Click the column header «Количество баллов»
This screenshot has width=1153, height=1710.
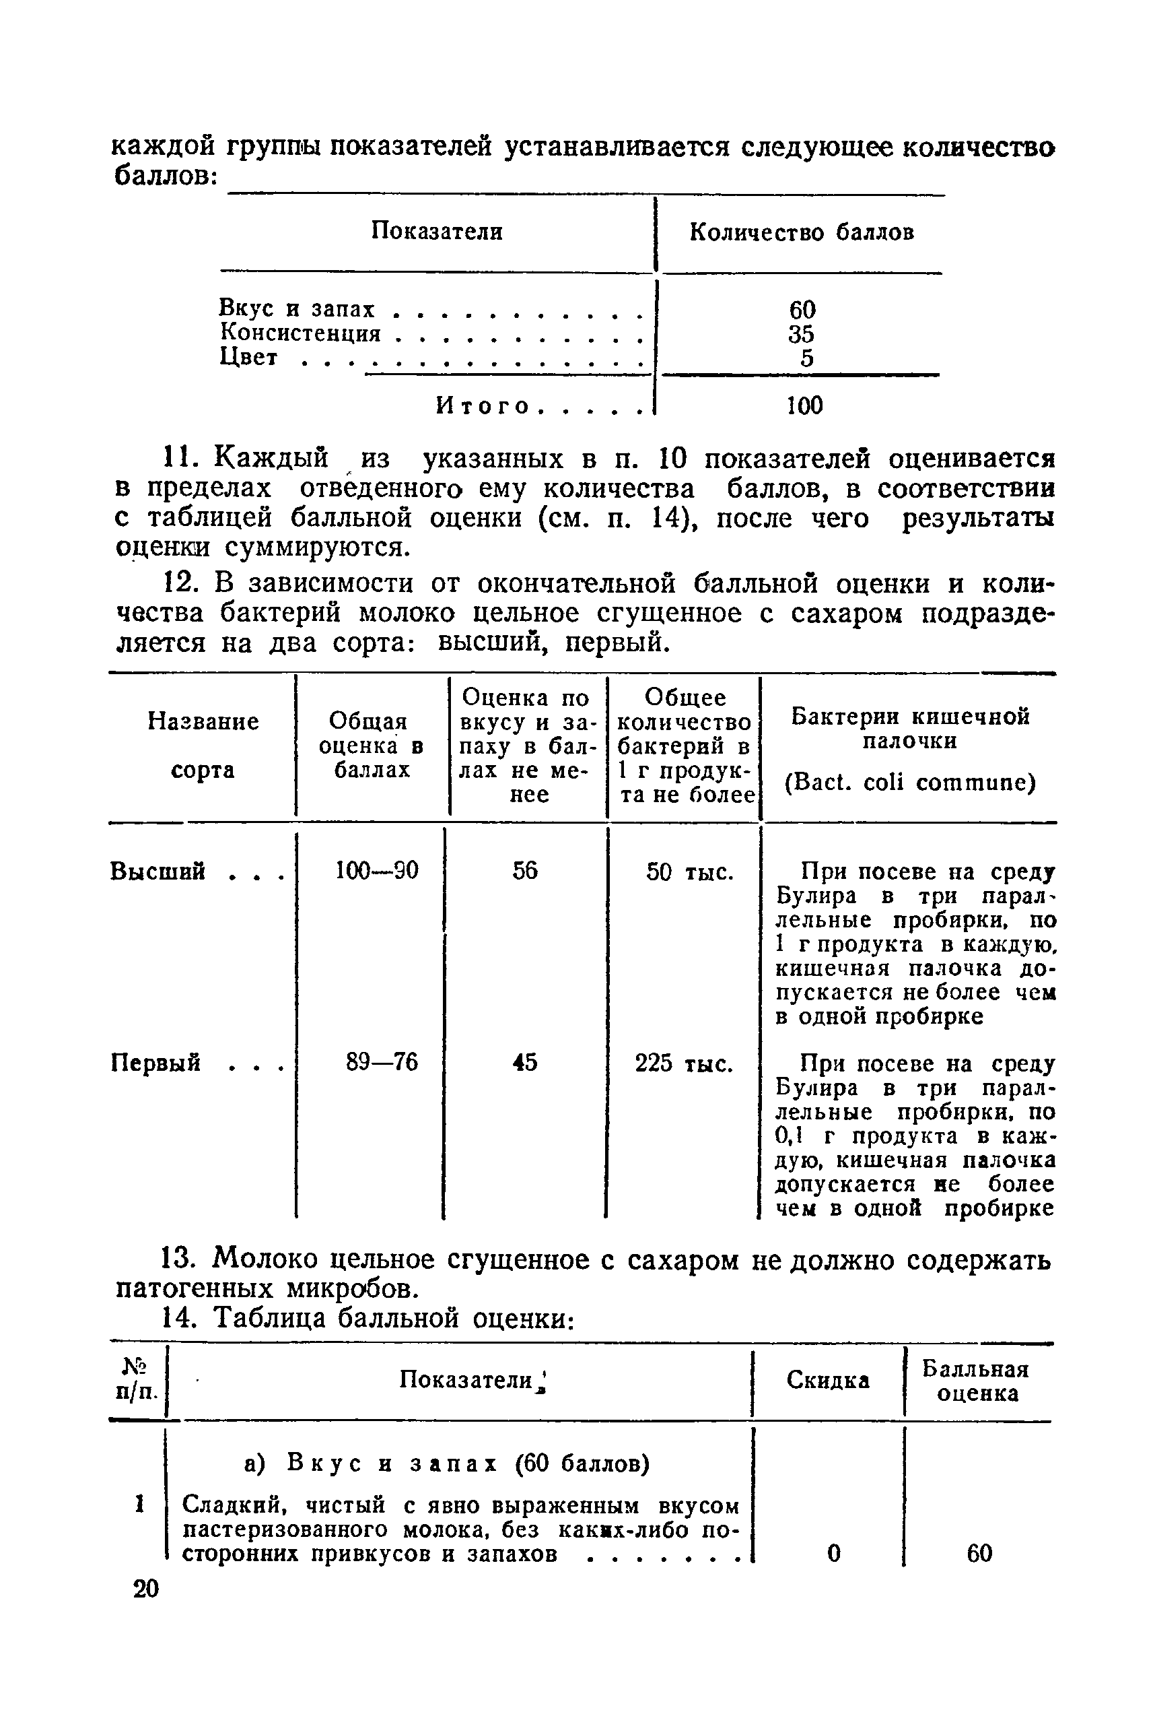[802, 232]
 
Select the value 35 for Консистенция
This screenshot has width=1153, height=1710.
[801, 333]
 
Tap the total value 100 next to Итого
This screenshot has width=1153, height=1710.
[804, 405]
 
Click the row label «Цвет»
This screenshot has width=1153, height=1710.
[248, 358]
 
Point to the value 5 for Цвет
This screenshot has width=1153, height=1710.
[806, 358]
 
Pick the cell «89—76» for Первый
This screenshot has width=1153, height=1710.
[382, 1061]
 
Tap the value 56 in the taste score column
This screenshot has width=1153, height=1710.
[525, 872]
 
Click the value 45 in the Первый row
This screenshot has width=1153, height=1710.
[525, 1061]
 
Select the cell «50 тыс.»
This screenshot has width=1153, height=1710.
[690, 873]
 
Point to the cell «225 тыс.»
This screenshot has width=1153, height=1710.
[684, 1063]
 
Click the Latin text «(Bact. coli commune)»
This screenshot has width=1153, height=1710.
[909, 782]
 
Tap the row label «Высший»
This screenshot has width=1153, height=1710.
[158, 872]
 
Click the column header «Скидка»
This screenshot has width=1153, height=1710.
[827, 1381]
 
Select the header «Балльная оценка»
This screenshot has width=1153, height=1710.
[976, 1381]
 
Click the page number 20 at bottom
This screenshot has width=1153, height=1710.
[145, 1589]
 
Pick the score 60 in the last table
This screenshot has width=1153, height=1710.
[979, 1553]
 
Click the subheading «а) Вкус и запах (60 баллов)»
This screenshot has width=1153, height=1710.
[447, 1464]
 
